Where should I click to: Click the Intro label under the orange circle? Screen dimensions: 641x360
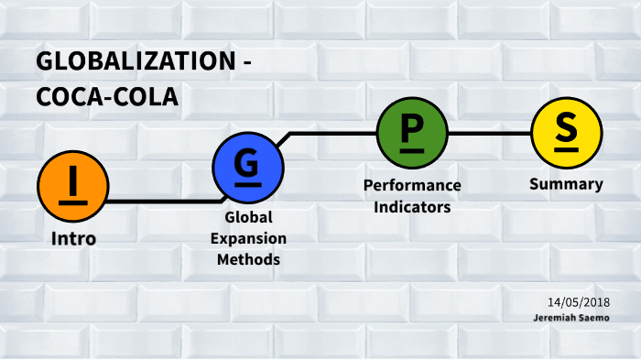73,239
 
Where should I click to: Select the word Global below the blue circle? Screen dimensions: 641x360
248,218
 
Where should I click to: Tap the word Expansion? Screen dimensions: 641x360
248,238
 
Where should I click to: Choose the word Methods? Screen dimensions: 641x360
248,259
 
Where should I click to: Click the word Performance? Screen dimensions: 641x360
412,185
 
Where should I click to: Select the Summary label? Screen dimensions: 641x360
566,184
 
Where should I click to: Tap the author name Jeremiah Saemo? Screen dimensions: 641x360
573,317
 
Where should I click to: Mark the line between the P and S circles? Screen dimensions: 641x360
489,133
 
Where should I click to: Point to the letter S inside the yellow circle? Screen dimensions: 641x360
566,131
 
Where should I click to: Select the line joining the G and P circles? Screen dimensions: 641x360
330,133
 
